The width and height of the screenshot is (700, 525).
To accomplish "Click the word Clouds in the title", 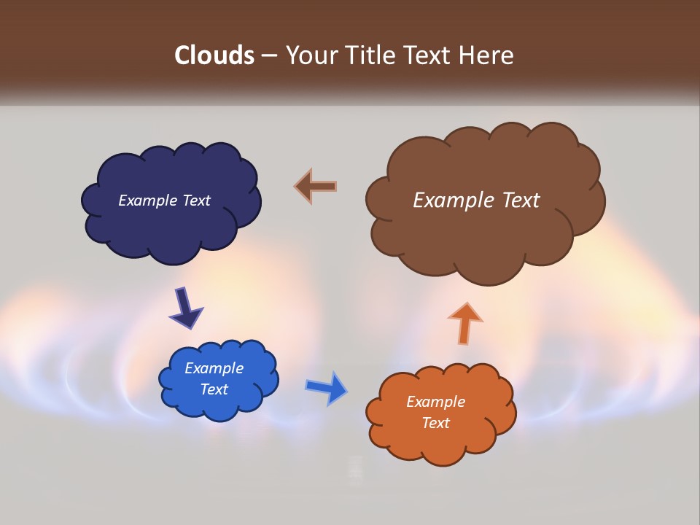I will (214, 55).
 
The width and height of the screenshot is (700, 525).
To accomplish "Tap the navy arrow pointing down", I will (185, 308).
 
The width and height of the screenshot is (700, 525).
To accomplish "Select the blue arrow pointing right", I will (326, 387).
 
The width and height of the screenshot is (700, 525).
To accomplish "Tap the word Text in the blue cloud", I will (214, 389).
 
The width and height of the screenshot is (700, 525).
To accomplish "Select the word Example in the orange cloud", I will (435, 402).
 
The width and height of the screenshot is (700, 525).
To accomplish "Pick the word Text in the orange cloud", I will (435, 423).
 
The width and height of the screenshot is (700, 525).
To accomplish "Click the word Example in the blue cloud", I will (214, 368).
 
